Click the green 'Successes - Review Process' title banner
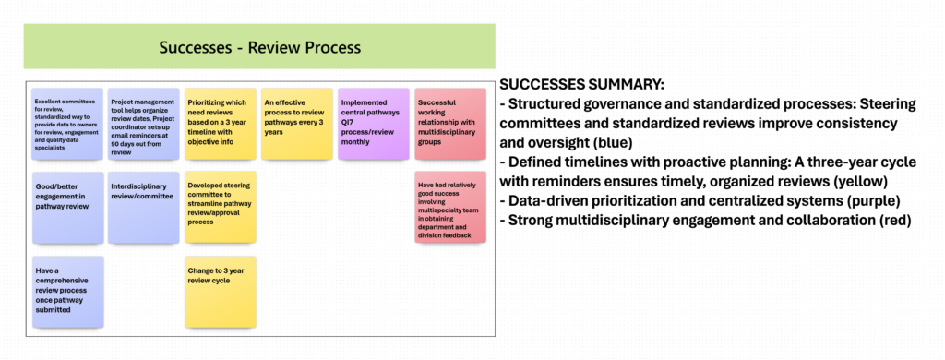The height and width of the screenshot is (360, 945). click(259, 46)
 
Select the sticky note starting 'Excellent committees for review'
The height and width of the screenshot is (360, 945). click(68, 125)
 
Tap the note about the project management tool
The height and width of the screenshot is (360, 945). click(143, 125)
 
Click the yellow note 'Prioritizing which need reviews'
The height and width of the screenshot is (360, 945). click(220, 125)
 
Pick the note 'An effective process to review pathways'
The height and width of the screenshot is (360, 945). click(296, 125)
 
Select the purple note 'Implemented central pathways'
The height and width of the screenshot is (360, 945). click(374, 125)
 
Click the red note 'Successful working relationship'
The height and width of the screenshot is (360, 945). click(450, 125)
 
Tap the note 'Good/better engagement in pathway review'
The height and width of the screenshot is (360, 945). click(68, 208)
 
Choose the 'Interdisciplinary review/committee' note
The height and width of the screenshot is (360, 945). click(143, 208)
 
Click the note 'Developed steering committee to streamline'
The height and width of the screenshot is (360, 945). click(220, 208)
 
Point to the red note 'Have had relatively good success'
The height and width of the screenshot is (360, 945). click(450, 208)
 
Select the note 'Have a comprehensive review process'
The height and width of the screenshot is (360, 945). click(68, 292)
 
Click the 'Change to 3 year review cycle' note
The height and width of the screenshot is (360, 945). click(220, 292)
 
